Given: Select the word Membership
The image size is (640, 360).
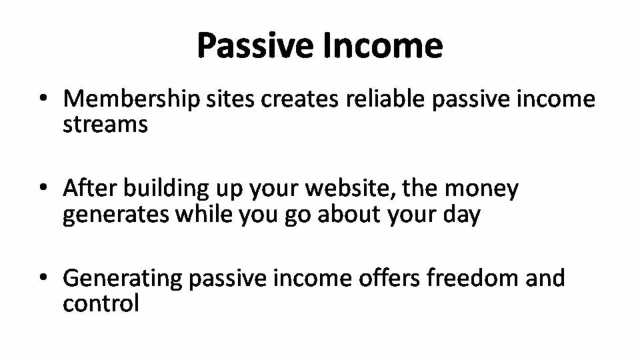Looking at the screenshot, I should (x=131, y=100).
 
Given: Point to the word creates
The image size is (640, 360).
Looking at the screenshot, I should (x=299, y=99).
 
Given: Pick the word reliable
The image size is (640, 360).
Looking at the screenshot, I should (x=384, y=99).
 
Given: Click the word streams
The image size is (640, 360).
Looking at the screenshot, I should (x=105, y=124).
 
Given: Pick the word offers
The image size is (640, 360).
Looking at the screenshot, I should (x=389, y=277).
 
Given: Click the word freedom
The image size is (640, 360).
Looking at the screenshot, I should (x=472, y=277).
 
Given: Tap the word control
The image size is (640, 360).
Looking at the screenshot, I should (x=100, y=303).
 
